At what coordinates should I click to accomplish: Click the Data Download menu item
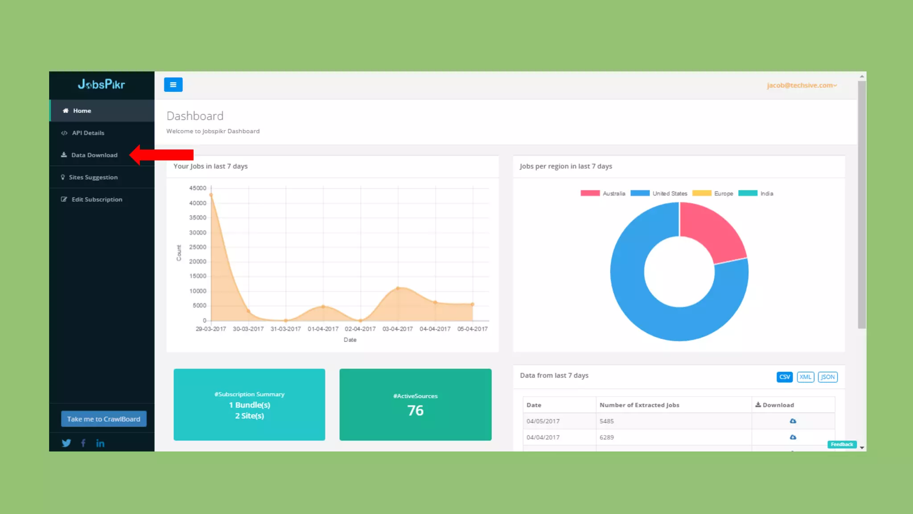(x=94, y=155)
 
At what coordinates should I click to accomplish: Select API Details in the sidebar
(x=88, y=133)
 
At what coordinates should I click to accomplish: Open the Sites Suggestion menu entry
(x=93, y=177)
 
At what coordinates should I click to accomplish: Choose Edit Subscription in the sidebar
(x=96, y=199)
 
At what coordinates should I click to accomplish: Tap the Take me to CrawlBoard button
(x=103, y=419)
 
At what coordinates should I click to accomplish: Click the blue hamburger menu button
(x=173, y=85)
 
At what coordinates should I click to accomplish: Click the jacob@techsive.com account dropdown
(x=802, y=85)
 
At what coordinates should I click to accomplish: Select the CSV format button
(x=784, y=377)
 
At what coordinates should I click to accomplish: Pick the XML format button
(x=805, y=377)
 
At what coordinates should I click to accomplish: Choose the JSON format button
(x=827, y=377)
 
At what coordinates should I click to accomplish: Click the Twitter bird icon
(x=66, y=443)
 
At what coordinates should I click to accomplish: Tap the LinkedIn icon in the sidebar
(x=100, y=443)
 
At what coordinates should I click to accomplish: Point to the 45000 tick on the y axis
(x=197, y=188)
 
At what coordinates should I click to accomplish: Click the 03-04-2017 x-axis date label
(x=398, y=329)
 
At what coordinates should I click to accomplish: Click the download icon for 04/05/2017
(x=793, y=421)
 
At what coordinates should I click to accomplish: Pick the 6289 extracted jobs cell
(x=607, y=437)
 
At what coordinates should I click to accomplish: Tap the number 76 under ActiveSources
(x=415, y=410)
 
